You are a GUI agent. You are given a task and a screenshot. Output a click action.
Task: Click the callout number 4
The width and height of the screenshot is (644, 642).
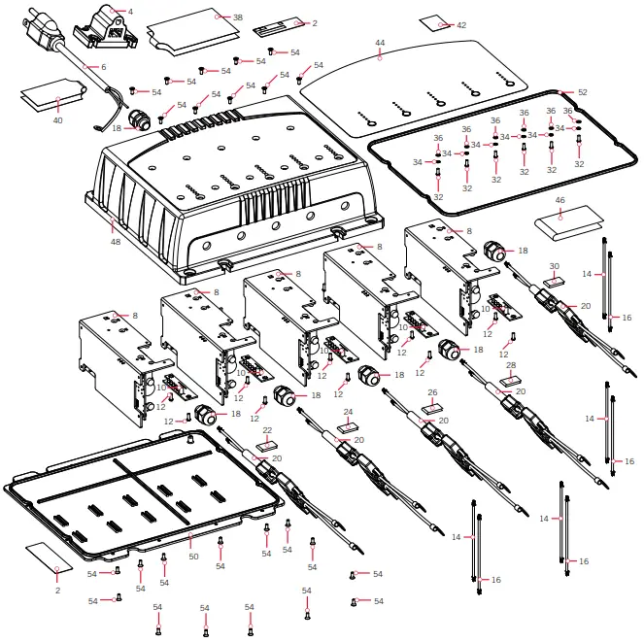coord(130,12)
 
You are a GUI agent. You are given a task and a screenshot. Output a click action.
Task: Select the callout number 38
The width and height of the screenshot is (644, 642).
coord(238,17)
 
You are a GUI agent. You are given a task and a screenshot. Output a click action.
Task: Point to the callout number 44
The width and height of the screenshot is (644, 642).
coord(380,43)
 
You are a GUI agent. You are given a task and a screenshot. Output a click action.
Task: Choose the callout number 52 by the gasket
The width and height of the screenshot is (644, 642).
coord(583,92)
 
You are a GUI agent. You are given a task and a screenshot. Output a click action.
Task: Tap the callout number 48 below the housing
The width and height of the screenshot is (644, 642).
coord(116,242)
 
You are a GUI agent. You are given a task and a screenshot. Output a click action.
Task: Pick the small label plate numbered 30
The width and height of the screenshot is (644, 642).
coord(555,280)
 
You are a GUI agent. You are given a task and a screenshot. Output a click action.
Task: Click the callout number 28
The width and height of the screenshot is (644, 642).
coord(512,367)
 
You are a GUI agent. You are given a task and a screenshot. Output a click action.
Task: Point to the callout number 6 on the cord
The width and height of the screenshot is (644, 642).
coord(103,67)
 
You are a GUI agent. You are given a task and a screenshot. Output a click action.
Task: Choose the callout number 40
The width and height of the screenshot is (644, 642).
coord(58,120)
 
